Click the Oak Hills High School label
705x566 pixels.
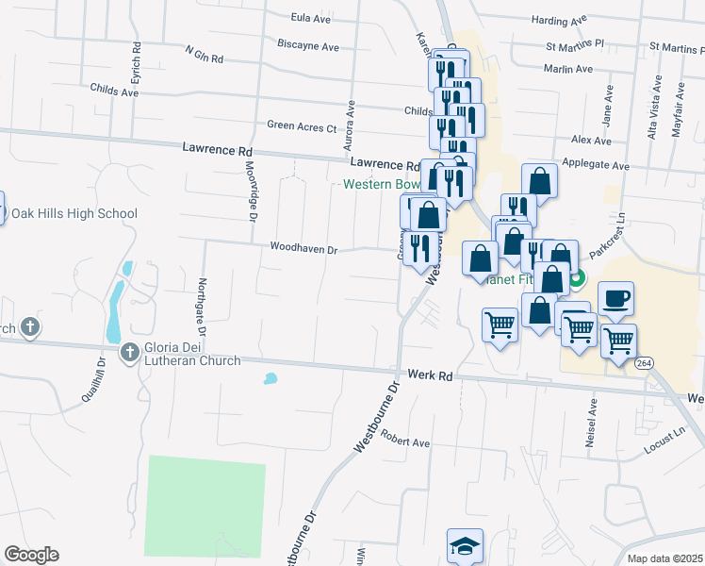(74, 214)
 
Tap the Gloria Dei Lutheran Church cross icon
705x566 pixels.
(129, 353)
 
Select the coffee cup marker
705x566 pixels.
(615, 299)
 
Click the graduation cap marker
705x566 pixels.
(464, 547)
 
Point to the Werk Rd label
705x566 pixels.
(431, 375)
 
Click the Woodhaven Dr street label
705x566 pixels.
(303, 249)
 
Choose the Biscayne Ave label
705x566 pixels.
(308, 45)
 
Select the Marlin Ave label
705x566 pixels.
(568, 69)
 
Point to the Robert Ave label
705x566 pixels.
(405, 439)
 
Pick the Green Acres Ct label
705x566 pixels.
(302, 125)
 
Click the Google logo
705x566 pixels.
(30, 555)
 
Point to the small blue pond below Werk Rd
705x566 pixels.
(271, 379)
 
